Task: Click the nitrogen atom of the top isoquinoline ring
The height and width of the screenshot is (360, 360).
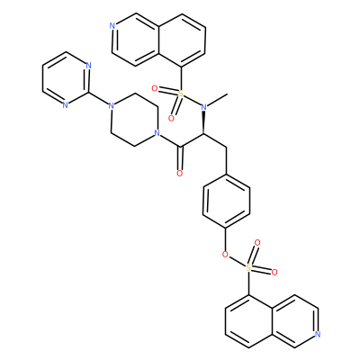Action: [112, 26]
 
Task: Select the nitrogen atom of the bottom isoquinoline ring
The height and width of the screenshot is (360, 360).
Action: [318, 334]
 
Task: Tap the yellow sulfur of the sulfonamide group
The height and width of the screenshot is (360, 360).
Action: [180, 94]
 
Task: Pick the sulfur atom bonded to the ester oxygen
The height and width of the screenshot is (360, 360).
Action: [248, 267]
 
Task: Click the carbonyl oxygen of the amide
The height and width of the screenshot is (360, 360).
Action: [180, 174]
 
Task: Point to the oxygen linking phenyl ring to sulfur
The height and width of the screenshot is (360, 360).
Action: [225, 255]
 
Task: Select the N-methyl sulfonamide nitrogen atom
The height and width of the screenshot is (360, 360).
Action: [203, 107]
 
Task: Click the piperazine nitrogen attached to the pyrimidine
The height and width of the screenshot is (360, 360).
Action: [111, 105]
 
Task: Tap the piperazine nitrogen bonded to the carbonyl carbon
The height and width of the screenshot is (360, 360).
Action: [156, 132]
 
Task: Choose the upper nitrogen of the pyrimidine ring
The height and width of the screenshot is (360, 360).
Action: [88, 66]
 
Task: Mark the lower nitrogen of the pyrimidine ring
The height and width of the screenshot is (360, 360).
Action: [65, 105]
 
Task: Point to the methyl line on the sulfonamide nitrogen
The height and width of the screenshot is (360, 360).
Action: [218, 100]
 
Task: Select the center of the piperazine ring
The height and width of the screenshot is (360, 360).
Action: [133, 119]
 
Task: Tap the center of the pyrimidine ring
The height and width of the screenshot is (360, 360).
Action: [66, 78]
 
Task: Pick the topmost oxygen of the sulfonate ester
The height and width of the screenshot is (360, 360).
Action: [256, 242]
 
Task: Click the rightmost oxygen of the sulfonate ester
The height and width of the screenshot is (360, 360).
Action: [274, 273]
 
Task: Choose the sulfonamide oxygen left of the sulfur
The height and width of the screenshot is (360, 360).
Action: [155, 88]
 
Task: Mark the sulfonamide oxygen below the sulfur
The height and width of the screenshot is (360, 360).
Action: [171, 119]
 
